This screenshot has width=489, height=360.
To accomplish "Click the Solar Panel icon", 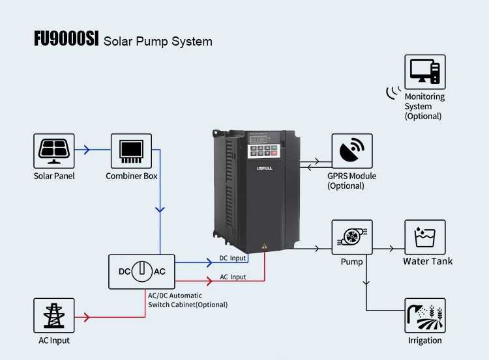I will (53, 150).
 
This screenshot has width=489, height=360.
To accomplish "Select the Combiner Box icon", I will (131, 150).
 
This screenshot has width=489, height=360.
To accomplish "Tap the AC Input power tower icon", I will (53, 315).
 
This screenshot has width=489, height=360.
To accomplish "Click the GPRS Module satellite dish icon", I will (352, 150).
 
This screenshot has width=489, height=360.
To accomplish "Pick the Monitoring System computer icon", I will (425, 71).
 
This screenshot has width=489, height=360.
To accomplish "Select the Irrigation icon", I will (425, 315).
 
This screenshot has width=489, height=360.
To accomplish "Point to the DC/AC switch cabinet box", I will (141, 271).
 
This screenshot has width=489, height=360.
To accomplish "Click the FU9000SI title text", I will (66, 40).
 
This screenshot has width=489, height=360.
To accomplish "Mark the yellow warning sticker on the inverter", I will (265, 247).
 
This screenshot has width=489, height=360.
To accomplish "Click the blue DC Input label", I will (233, 258).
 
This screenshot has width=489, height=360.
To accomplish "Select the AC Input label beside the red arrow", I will (233, 277).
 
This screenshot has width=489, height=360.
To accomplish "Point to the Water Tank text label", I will (427, 261).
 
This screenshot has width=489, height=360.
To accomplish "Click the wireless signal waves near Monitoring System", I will (392, 93).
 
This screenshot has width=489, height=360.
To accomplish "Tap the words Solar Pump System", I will (158, 42).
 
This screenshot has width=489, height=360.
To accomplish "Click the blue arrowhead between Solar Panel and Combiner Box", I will (86, 150).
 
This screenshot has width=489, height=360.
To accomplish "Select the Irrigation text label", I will (425, 340).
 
